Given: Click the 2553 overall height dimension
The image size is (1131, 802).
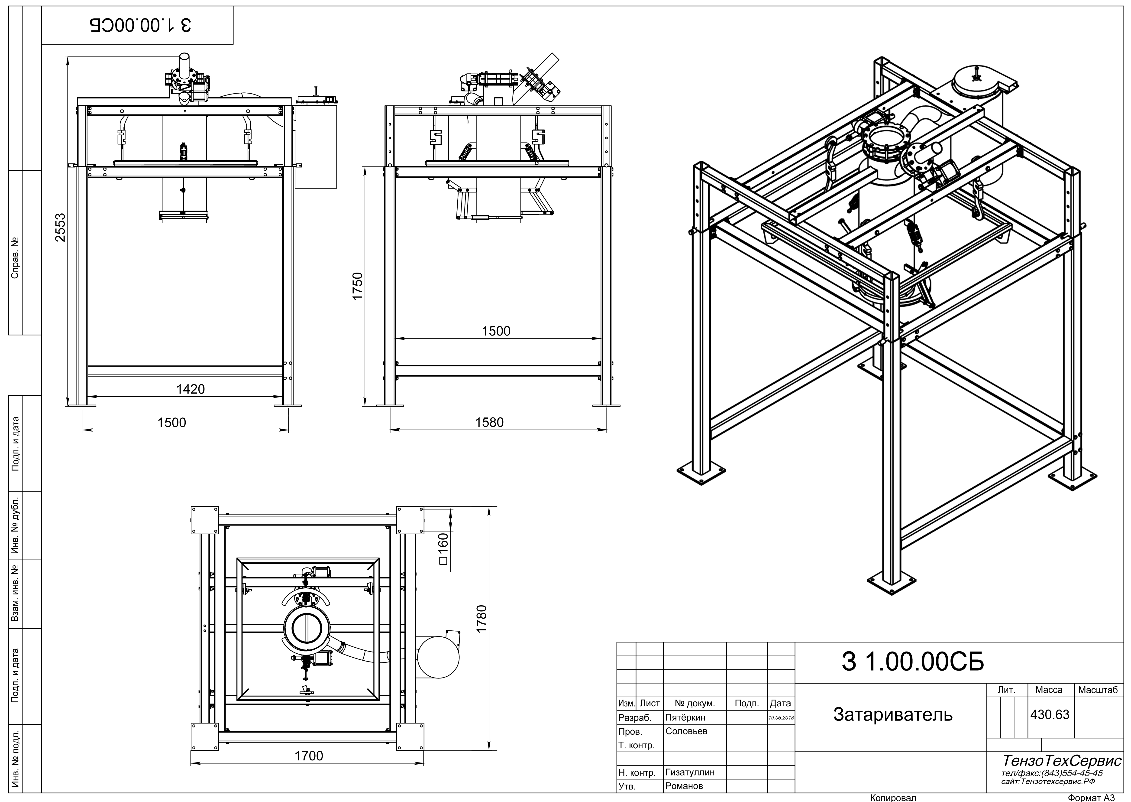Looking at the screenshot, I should point(60,227).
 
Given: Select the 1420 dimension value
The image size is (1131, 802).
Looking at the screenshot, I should point(191,389).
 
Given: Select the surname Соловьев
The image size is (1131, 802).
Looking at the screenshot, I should point(686,731).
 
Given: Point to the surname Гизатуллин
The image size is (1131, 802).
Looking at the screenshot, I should point(690,772).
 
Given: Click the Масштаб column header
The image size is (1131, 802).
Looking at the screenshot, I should point(1098,690).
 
